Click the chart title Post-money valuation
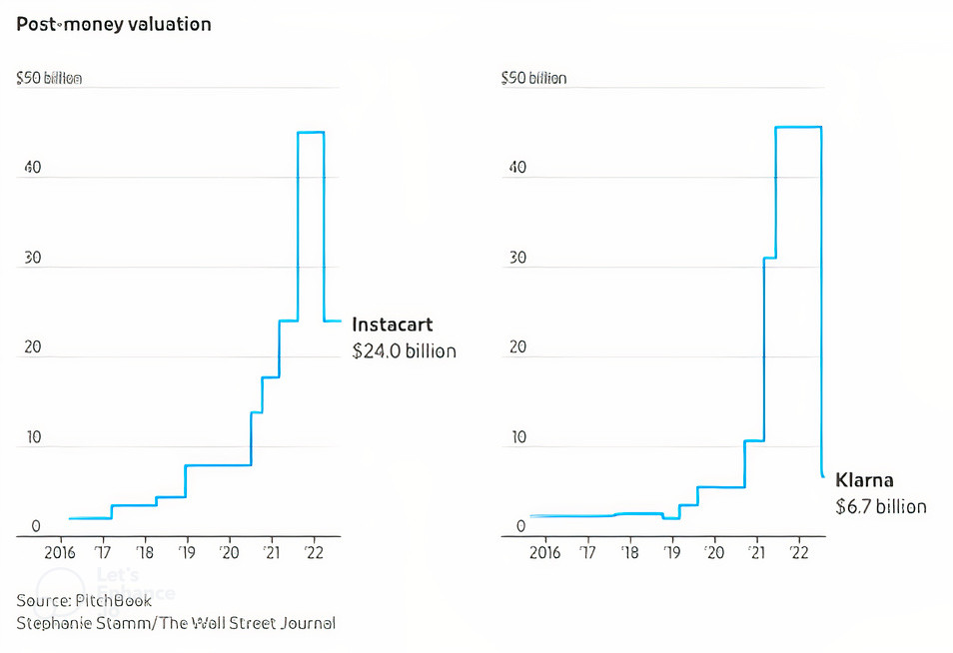point(114,24)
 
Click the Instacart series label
point(393,326)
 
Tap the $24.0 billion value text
point(404,351)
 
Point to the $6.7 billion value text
point(880,507)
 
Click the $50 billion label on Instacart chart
point(49,78)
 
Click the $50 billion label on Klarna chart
point(533,78)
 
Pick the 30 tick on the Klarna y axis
point(518,258)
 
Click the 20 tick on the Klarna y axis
point(518,347)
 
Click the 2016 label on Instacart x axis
point(60,552)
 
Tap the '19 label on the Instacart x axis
point(186,552)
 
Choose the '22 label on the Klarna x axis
point(798,552)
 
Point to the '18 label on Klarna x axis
point(630,552)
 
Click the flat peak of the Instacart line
point(311,132)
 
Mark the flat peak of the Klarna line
point(798,127)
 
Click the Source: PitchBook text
point(84,600)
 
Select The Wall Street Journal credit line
point(176,623)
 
